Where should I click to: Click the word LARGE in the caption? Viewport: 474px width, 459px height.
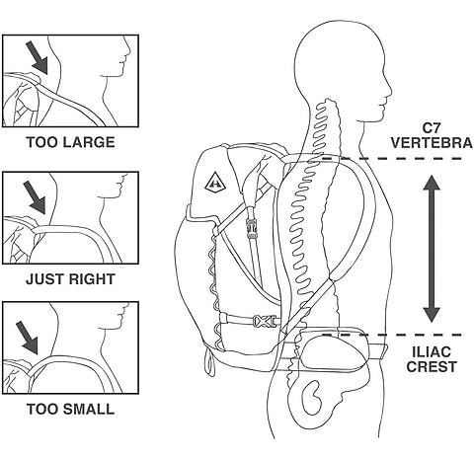[x=88, y=142]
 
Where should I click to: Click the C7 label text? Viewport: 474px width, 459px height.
[x=432, y=126]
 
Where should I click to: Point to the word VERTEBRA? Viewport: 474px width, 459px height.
[x=432, y=143]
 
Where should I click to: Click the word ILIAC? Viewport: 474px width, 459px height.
[x=432, y=352]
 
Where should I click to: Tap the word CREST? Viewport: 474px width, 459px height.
[x=432, y=366]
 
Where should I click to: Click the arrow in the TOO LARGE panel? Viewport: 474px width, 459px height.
[x=38, y=57]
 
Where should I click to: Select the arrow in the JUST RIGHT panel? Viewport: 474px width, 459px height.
[x=35, y=198]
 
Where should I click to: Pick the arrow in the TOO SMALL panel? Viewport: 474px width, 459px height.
[x=28, y=338]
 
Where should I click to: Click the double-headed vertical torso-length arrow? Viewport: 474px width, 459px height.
[x=432, y=249]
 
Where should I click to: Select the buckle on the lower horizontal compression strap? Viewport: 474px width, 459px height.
[x=264, y=321]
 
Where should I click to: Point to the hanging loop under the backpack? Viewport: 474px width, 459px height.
[x=209, y=361]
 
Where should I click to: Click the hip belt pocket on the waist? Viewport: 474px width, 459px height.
[x=333, y=349]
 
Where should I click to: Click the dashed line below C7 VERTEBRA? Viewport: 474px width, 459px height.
[x=392, y=159]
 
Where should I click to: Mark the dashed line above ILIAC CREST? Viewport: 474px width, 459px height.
[x=392, y=335]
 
